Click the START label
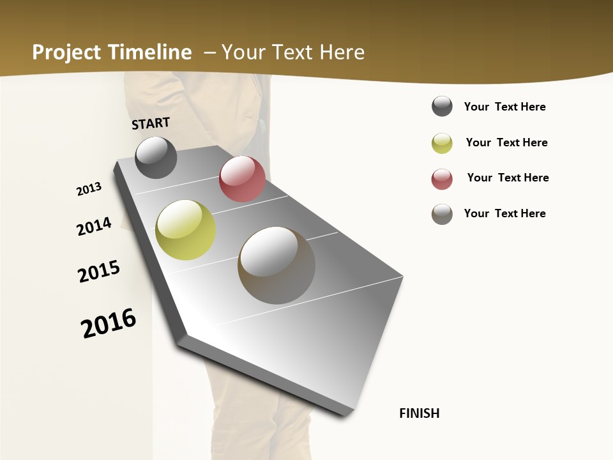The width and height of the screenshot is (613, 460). point(151,123)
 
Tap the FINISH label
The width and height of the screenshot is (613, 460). point(420,413)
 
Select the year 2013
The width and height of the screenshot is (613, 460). point(89,189)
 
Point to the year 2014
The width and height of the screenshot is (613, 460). point(94,226)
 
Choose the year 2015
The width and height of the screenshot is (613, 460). point(99,272)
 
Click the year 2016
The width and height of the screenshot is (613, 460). point(109,323)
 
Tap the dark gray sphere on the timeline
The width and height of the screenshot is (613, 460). point(156,157)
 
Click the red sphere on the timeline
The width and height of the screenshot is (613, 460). point(242,179)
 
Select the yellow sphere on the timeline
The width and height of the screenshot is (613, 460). point(186,230)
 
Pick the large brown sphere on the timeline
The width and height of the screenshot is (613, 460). point(276,265)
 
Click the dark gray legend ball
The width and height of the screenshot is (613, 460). point(442,106)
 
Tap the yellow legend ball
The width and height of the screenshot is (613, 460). point(442,143)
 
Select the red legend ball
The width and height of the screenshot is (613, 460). point(442,179)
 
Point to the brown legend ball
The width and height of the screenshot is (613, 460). point(442,214)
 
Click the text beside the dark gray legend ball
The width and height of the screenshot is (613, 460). point(504,107)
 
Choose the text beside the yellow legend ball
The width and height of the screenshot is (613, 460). point(506,142)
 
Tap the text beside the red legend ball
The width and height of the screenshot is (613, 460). point(508,178)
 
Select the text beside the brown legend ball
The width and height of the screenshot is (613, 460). point(504,213)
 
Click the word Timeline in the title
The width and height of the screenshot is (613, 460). point(150,52)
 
